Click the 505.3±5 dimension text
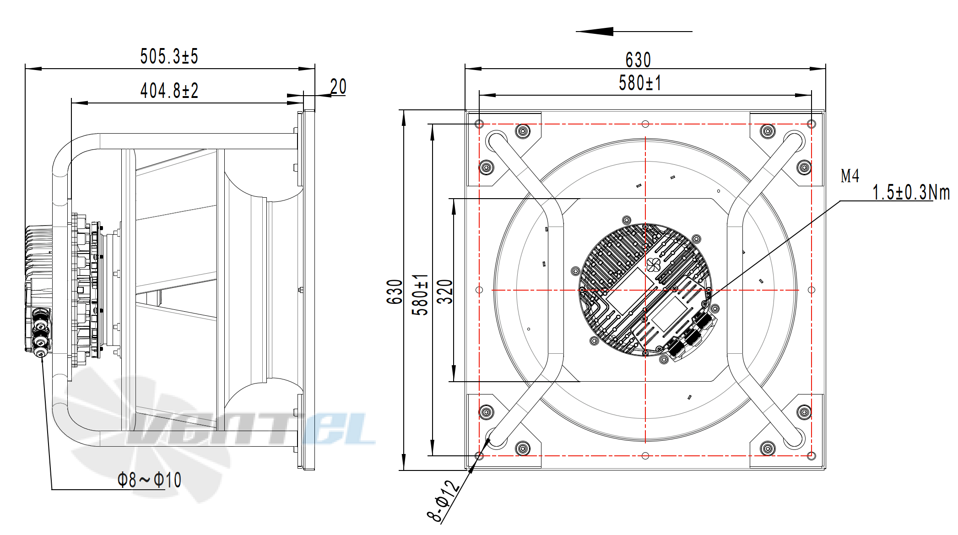point(169,57)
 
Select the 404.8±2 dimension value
point(169,91)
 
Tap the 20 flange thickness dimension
point(338,86)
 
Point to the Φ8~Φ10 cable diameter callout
point(149,480)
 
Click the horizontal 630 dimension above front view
point(638,60)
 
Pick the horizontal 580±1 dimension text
point(640,83)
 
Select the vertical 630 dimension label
point(394,292)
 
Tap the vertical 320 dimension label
point(444,292)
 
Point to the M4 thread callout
point(850,176)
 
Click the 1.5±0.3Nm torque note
point(911,192)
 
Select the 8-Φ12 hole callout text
point(443,501)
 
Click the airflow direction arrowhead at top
point(595,31)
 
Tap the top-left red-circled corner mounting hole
point(479,124)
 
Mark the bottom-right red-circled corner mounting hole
point(811,455)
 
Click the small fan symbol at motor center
point(653,265)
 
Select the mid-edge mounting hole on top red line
point(645,124)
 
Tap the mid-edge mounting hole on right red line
point(811,290)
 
